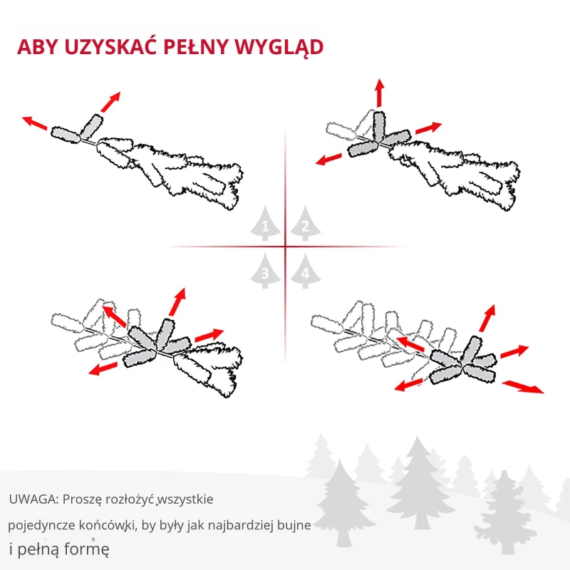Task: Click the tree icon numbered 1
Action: pos(265,225)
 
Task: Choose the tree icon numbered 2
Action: pos(305,224)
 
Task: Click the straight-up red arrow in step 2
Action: pos(379,93)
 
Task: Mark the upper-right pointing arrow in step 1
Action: pos(110,102)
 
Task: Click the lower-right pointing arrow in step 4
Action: pos(522,386)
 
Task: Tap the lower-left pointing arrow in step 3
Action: pos(104,367)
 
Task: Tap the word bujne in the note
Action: pos(294,525)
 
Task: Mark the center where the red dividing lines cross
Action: pos(285,247)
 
